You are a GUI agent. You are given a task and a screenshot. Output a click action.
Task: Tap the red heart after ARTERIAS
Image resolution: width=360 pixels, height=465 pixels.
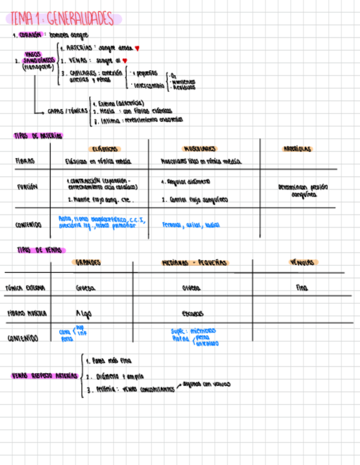(137, 48)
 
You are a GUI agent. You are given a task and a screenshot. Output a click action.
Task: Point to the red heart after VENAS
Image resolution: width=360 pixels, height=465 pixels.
(125, 60)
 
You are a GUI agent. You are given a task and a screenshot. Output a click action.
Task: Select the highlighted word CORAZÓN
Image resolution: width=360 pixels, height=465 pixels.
(30, 35)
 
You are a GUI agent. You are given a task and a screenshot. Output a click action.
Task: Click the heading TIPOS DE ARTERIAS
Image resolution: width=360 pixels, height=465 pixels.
(38, 135)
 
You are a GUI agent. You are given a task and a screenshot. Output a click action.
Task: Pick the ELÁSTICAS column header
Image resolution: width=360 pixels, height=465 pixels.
(103, 149)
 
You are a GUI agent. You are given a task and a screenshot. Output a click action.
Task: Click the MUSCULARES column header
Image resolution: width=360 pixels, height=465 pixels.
(199, 149)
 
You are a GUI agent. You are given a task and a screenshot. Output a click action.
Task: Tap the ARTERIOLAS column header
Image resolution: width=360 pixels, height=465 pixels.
(297, 149)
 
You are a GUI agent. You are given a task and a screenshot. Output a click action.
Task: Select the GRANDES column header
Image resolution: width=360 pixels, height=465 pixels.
(88, 263)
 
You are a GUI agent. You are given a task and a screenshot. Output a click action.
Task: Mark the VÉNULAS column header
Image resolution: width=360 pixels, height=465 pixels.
(304, 263)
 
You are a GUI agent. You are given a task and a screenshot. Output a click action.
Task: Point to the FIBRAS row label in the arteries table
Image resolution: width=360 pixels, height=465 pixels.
(25, 161)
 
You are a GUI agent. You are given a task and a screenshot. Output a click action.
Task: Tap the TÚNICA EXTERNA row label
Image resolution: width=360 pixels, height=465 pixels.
(25, 287)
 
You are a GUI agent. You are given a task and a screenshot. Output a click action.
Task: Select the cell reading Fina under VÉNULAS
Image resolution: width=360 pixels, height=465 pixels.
(302, 287)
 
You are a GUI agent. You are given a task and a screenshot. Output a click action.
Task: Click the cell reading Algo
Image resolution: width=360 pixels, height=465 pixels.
(83, 313)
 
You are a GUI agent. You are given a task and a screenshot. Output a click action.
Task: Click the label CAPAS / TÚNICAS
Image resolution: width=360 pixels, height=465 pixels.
(67, 111)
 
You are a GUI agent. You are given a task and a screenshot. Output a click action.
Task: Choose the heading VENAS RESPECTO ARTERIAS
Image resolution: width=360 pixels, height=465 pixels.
(43, 376)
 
